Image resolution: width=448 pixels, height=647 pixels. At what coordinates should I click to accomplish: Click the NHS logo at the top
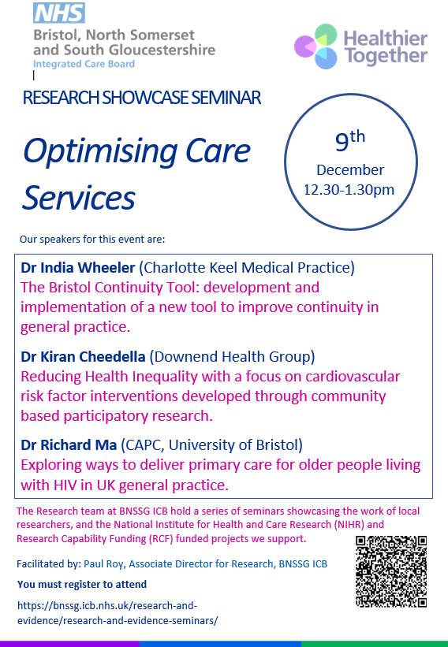[x=58, y=13]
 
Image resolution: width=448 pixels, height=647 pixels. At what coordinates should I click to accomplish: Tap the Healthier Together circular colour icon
[x=316, y=46]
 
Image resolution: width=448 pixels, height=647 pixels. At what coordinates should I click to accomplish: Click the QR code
[x=391, y=571]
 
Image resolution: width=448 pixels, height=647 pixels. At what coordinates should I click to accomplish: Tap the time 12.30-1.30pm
[x=349, y=189]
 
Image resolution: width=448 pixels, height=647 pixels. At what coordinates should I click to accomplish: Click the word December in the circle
[x=350, y=169]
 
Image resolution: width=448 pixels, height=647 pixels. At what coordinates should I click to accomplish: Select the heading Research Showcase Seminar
[x=142, y=99]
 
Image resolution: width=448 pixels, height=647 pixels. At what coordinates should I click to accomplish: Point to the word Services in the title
[x=79, y=197]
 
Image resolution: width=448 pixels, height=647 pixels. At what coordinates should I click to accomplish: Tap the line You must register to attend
[x=82, y=584]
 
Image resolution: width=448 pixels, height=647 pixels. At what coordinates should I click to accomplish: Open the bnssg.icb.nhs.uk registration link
[x=118, y=612]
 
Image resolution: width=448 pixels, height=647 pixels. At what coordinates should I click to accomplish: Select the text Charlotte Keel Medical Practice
[x=253, y=267]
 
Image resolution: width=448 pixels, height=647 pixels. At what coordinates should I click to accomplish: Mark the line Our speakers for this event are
[x=93, y=238]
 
